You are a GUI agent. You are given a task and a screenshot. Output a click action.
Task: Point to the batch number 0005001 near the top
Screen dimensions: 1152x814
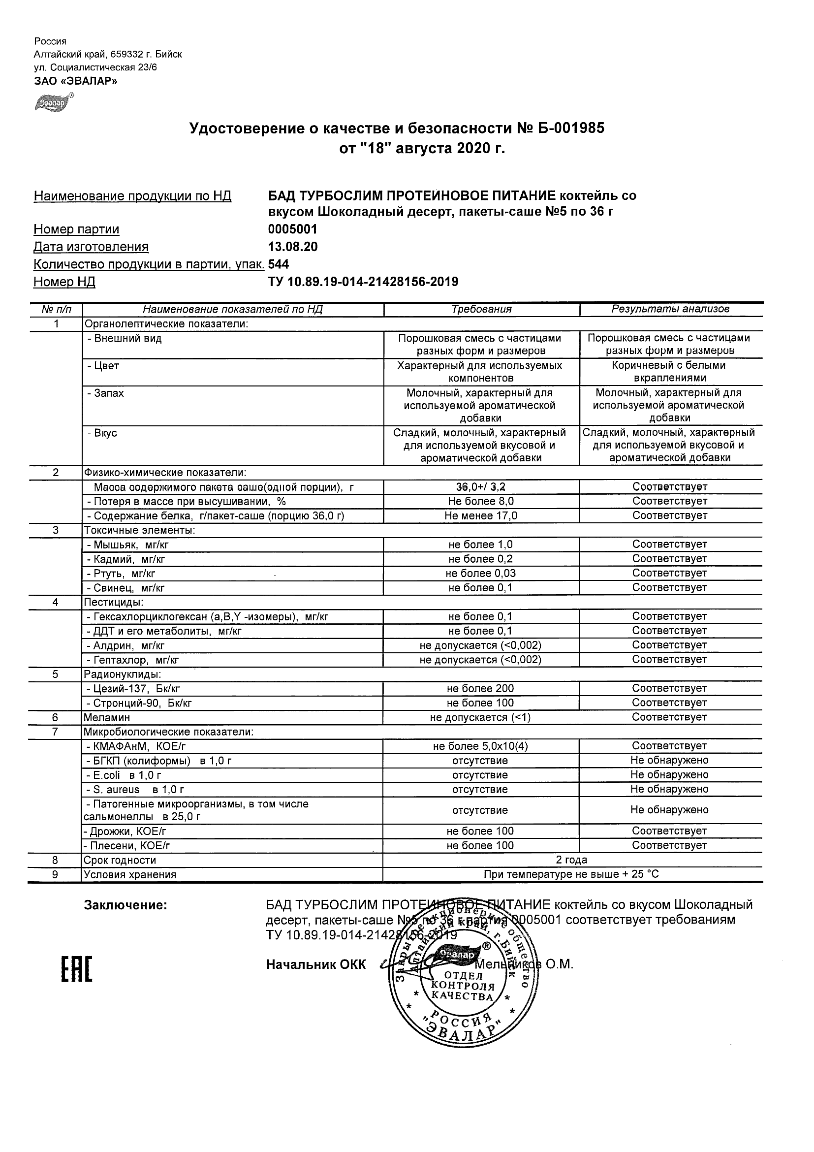click(293, 229)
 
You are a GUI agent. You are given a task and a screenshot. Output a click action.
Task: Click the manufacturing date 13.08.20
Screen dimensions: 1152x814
click(293, 247)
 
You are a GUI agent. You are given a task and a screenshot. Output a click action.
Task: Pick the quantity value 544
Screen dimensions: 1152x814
click(279, 264)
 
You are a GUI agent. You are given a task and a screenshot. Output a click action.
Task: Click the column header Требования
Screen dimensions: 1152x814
click(481, 310)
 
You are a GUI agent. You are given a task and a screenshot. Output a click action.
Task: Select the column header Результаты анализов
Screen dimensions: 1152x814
click(670, 310)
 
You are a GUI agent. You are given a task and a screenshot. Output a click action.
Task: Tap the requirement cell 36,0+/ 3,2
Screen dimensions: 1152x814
click(480, 487)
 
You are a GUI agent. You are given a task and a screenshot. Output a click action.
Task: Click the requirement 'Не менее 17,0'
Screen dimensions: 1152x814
click(480, 516)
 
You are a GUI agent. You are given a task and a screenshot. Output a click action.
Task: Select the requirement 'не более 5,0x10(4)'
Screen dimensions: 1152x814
click(480, 747)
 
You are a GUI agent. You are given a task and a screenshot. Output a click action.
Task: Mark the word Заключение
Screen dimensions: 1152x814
click(125, 906)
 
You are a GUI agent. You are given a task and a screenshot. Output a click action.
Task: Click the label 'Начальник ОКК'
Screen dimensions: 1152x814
click(316, 964)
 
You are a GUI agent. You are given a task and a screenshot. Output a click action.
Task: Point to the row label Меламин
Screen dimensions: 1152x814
click(107, 717)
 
